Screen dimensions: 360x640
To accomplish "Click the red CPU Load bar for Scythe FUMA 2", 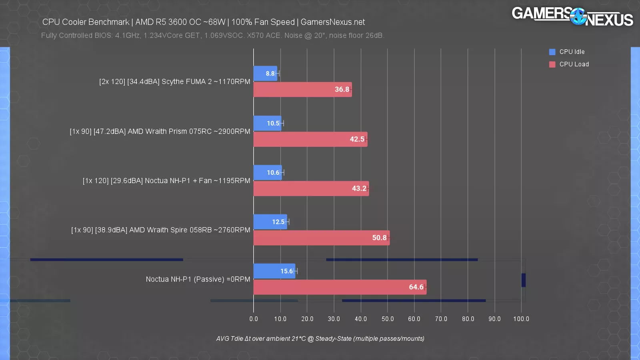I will tap(302, 90).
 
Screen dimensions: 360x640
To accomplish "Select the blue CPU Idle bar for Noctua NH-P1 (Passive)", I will tap(274, 271).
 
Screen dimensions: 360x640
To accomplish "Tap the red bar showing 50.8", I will tap(321, 238).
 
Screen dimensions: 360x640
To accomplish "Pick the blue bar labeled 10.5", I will tap(267, 124).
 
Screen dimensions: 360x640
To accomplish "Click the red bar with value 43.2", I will tap(311, 188).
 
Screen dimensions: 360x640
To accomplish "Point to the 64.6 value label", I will tap(416, 287).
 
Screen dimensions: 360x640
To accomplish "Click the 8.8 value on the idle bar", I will tap(270, 74).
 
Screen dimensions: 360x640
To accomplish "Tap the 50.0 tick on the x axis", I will tap(388, 319).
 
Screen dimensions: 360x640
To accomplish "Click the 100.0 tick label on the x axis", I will tap(521, 319).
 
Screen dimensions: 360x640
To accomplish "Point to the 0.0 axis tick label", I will tap(254, 319).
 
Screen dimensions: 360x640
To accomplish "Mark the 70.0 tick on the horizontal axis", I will tap(441, 319).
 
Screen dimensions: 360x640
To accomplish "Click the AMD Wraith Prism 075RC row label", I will tap(160, 132).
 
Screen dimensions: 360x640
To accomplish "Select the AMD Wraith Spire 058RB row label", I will tap(161, 230).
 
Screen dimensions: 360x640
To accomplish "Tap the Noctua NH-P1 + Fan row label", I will tap(166, 181).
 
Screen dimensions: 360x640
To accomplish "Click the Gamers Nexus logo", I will tap(572, 17).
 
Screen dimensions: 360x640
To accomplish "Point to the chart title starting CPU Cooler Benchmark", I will tap(204, 22).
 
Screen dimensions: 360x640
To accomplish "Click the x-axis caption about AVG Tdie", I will tap(320, 339).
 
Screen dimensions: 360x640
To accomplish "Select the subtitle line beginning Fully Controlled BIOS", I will tap(212, 36).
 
